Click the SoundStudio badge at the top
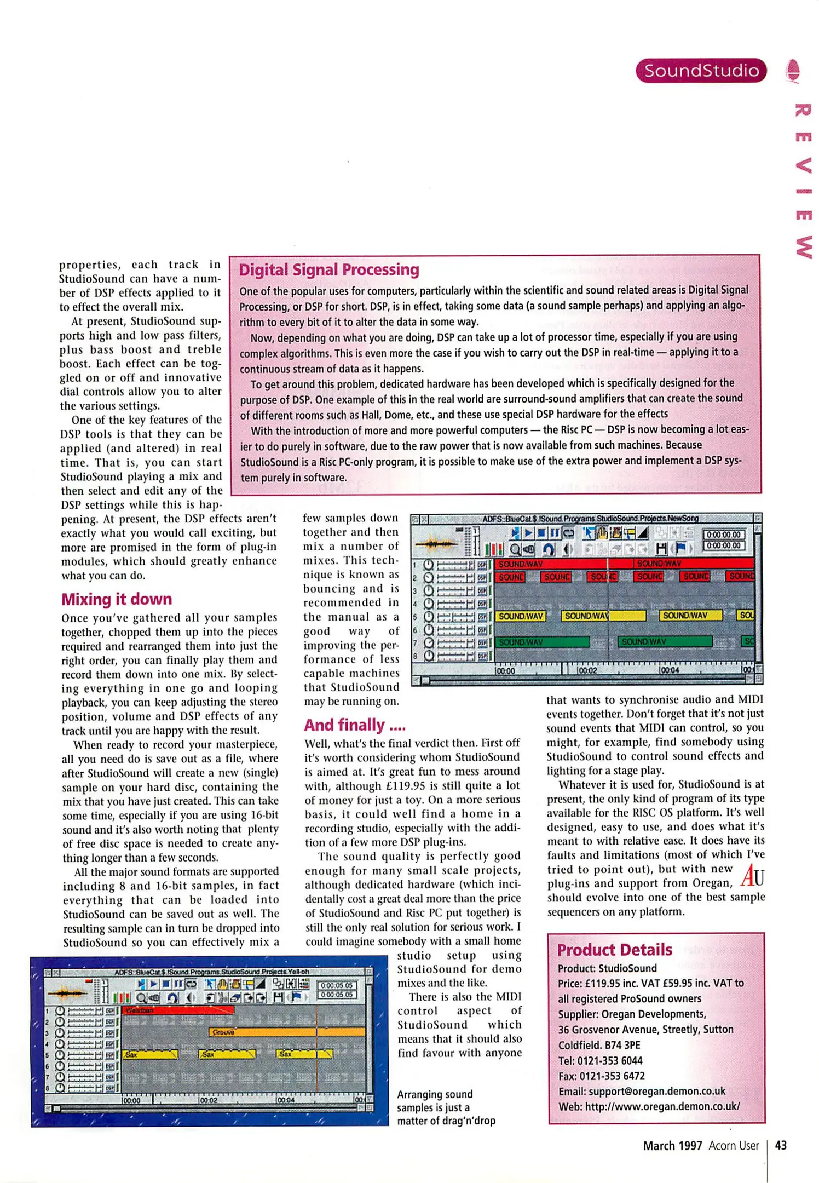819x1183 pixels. (701, 71)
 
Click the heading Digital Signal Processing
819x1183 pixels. (329, 269)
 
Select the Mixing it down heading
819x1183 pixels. (117, 599)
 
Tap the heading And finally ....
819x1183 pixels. (355, 725)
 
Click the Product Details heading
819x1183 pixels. (614, 950)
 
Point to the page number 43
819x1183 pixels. (781, 1145)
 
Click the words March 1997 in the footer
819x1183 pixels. (672, 1146)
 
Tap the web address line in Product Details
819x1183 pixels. (649, 1106)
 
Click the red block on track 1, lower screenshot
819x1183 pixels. (178, 1010)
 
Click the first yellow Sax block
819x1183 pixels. (150, 1054)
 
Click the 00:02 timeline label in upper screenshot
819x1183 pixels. (587, 670)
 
